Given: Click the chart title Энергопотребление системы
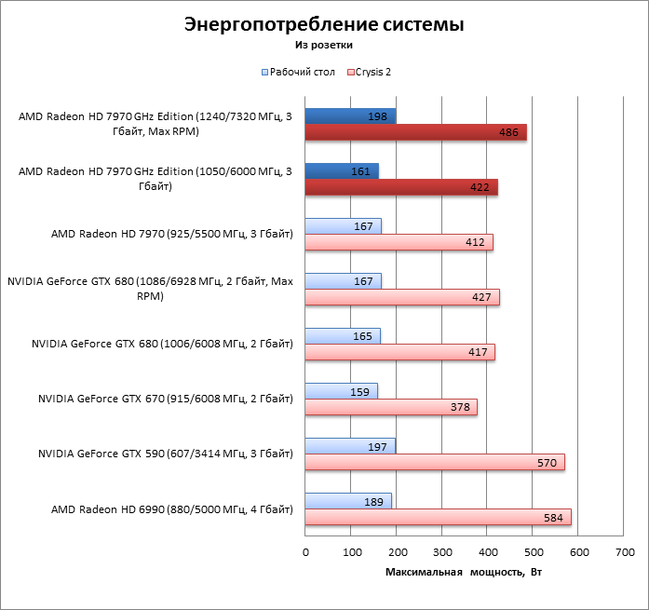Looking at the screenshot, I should pos(324,24).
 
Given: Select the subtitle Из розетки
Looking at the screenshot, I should pos(324,44).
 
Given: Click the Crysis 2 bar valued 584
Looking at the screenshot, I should pos(438,517).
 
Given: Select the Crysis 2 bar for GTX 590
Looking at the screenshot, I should pos(434,462).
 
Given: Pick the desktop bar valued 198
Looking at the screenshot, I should pos(350,115).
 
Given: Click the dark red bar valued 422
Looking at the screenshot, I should pos(401,187).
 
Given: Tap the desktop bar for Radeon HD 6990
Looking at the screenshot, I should pos(348,501).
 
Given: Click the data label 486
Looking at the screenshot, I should pos(508,133).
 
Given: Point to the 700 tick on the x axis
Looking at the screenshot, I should pos(624,553).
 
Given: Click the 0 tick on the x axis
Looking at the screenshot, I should pos(305,553).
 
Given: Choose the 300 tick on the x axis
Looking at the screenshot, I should pos(441,553).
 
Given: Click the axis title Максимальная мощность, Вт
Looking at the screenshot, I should pos(463,572).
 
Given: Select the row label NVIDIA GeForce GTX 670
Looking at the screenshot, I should pos(166,400).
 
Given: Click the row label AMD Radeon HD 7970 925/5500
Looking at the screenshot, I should pos(172,235).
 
